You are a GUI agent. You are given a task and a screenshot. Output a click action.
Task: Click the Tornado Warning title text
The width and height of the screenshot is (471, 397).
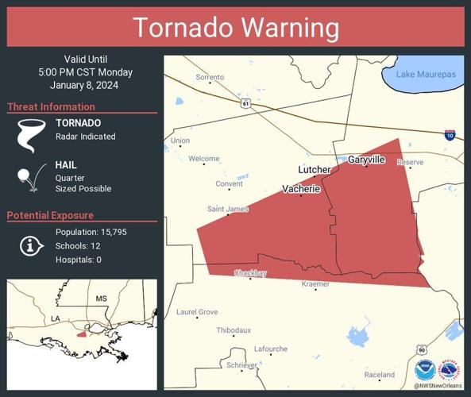pos(235,28)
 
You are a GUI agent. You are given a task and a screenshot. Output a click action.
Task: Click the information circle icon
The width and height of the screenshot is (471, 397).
pos(31,245)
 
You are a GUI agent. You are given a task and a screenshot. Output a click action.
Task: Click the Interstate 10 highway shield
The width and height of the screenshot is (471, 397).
pos(450,135)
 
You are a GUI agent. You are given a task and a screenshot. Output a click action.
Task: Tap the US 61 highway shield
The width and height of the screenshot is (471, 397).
pos(246,103)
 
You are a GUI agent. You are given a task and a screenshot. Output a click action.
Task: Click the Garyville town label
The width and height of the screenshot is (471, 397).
pos(366,160)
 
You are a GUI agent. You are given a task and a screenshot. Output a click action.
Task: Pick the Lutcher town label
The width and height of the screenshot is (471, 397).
pos(314,170)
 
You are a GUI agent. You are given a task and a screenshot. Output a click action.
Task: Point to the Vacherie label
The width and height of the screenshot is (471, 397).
pos(301,189)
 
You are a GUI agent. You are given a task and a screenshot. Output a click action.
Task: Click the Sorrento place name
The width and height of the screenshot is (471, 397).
pos(210,77)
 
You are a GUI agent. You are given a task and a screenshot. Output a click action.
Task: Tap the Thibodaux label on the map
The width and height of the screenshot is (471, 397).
pos(234,330)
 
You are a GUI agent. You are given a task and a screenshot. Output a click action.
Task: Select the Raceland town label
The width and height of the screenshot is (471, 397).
pos(379,375)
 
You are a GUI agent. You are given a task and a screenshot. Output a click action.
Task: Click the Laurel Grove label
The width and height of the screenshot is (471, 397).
pos(196,312)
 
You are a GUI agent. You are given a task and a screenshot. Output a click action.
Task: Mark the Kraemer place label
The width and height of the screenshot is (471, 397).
pos(315,283)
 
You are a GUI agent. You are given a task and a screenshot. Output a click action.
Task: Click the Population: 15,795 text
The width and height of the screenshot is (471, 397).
pos(91,232)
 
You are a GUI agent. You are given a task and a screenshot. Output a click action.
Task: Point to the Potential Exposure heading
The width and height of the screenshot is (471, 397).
pos(50,215)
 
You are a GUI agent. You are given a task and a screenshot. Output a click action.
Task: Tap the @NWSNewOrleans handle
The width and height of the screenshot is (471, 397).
pos(437,387)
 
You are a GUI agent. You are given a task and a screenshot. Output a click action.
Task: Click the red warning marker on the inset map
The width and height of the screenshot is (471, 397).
pos(82,333)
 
